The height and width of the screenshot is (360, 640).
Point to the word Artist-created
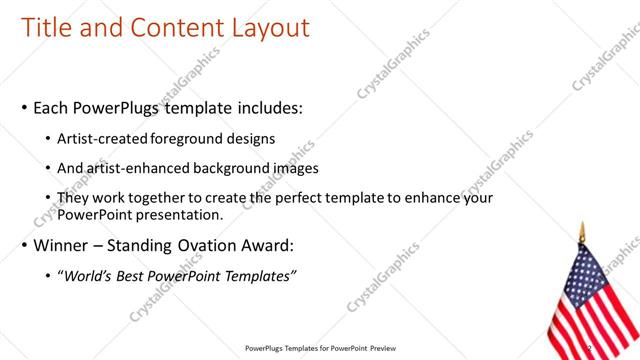point(105,139)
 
